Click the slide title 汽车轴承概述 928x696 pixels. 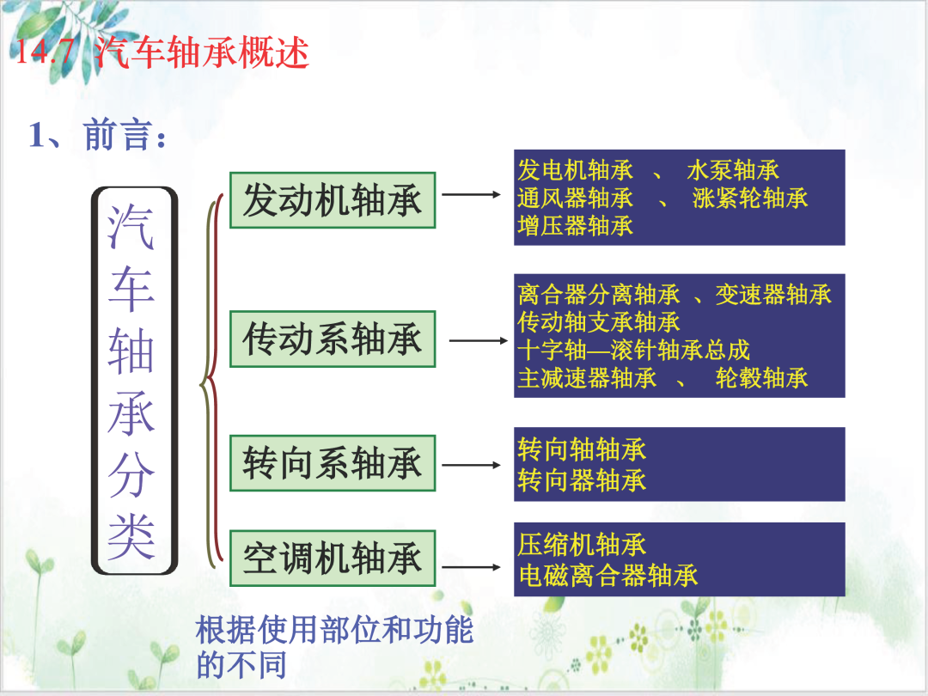tap(201, 52)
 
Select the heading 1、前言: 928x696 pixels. tap(98, 134)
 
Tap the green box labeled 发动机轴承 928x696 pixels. tap(333, 200)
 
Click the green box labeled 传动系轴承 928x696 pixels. tap(333, 339)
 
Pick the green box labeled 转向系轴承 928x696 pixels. tap(333, 463)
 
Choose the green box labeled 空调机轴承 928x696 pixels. tap(333, 559)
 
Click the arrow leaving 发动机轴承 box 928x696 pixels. tap(472, 194)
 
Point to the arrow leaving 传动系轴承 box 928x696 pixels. tap(479, 340)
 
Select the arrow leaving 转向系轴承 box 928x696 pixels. tap(472, 465)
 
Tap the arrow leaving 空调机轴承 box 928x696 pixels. tap(472, 567)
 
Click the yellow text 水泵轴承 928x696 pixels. tap(733, 170)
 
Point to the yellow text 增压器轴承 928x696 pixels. tap(575, 225)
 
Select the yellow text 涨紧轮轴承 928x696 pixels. tap(750, 198)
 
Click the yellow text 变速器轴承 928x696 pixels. tap(773, 294)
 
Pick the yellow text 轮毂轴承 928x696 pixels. tap(761, 377)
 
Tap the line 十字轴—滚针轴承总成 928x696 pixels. tap(634, 350)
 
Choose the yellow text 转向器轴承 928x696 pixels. tap(582, 480)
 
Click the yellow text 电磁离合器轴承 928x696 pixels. tap(608, 575)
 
